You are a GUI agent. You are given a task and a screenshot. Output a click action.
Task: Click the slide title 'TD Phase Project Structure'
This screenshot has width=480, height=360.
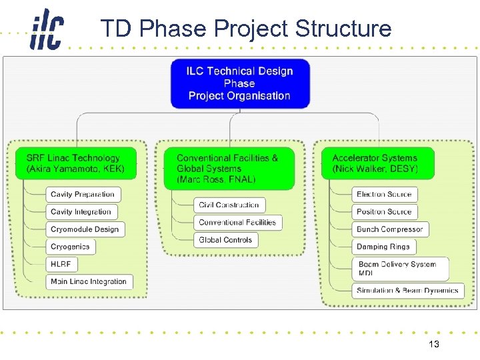coord(245,29)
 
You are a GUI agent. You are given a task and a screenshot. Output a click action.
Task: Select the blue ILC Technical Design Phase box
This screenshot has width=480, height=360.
coord(239,84)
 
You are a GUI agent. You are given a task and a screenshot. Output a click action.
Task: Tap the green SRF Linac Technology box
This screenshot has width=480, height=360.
coord(75,163)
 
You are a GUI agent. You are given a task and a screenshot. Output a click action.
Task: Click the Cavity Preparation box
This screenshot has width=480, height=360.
coord(83,195)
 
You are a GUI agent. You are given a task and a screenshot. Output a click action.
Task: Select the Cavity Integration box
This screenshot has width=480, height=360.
coord(81,212)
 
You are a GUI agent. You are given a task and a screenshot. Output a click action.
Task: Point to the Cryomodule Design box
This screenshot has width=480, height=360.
coord(85,229)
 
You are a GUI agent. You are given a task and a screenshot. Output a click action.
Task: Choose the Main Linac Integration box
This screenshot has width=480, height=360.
coord(89,281)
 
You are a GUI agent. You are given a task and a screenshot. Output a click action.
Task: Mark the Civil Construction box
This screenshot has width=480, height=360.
coord(229,205)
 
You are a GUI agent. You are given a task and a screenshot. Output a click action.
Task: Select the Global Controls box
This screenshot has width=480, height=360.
coord(225,240)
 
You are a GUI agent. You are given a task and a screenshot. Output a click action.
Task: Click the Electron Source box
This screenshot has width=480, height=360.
coord(384,195)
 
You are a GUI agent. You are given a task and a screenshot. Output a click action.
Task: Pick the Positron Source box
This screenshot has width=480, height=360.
coord(384,212)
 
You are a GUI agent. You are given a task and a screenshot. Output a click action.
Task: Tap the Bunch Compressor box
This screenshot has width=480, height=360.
coord(389,229)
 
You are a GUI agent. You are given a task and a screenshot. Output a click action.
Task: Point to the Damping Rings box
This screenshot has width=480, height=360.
coord(383,247)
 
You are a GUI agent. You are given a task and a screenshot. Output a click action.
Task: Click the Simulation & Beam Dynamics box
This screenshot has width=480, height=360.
coord(407,291)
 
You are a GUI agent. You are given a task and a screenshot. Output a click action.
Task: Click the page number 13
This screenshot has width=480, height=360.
coord(433,345)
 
